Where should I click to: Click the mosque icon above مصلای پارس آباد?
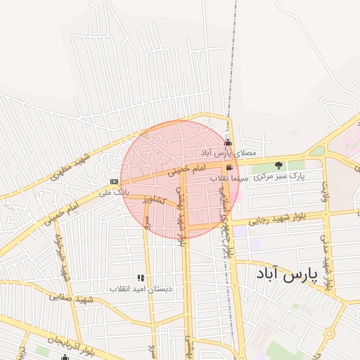pyautogui.click(x=227, y=143)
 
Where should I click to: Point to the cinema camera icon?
pyautogui.click(x=230, y=168)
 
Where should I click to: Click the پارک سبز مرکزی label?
pyautogui.click(x=280, y=176)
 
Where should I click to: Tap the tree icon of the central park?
pyautogui.click(x=278, y=166)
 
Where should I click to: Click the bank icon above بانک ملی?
pyautogui.click(x=114, y=181)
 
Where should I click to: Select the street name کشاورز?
pyautogui.click(x=153, y=200)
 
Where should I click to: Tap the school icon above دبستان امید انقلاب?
pyautogui.click(x=141, y=278)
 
